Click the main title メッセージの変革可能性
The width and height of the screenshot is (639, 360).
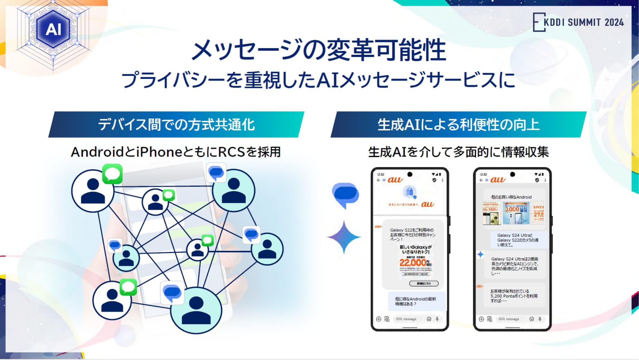tap(319, 50)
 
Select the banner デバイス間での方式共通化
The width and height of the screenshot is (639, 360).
tap(176, 125)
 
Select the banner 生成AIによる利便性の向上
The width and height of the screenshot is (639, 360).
tap(458, 125)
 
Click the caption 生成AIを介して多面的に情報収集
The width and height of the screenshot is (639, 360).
tap(458, 152)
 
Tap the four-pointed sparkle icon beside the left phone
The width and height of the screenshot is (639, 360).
tap(344, 237)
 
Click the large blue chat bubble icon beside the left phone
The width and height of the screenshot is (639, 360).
tap(345, 195)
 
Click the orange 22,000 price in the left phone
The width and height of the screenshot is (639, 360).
tap(413, 263)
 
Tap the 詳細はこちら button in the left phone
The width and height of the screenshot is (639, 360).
tap(424, 283)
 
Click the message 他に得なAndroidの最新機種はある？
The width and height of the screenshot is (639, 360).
tap(416, 301)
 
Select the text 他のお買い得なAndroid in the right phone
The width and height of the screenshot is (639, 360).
tap(511, 197)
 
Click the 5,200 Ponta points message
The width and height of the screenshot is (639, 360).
tap(514, 296)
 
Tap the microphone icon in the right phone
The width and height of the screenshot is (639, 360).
tap(540, 319)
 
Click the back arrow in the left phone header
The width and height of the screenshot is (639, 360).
tap(379, 180)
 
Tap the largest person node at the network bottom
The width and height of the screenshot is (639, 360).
tap(196, 310)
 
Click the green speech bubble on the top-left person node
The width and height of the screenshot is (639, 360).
tap(112, 174)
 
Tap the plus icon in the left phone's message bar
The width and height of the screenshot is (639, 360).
tap(379, 319)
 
